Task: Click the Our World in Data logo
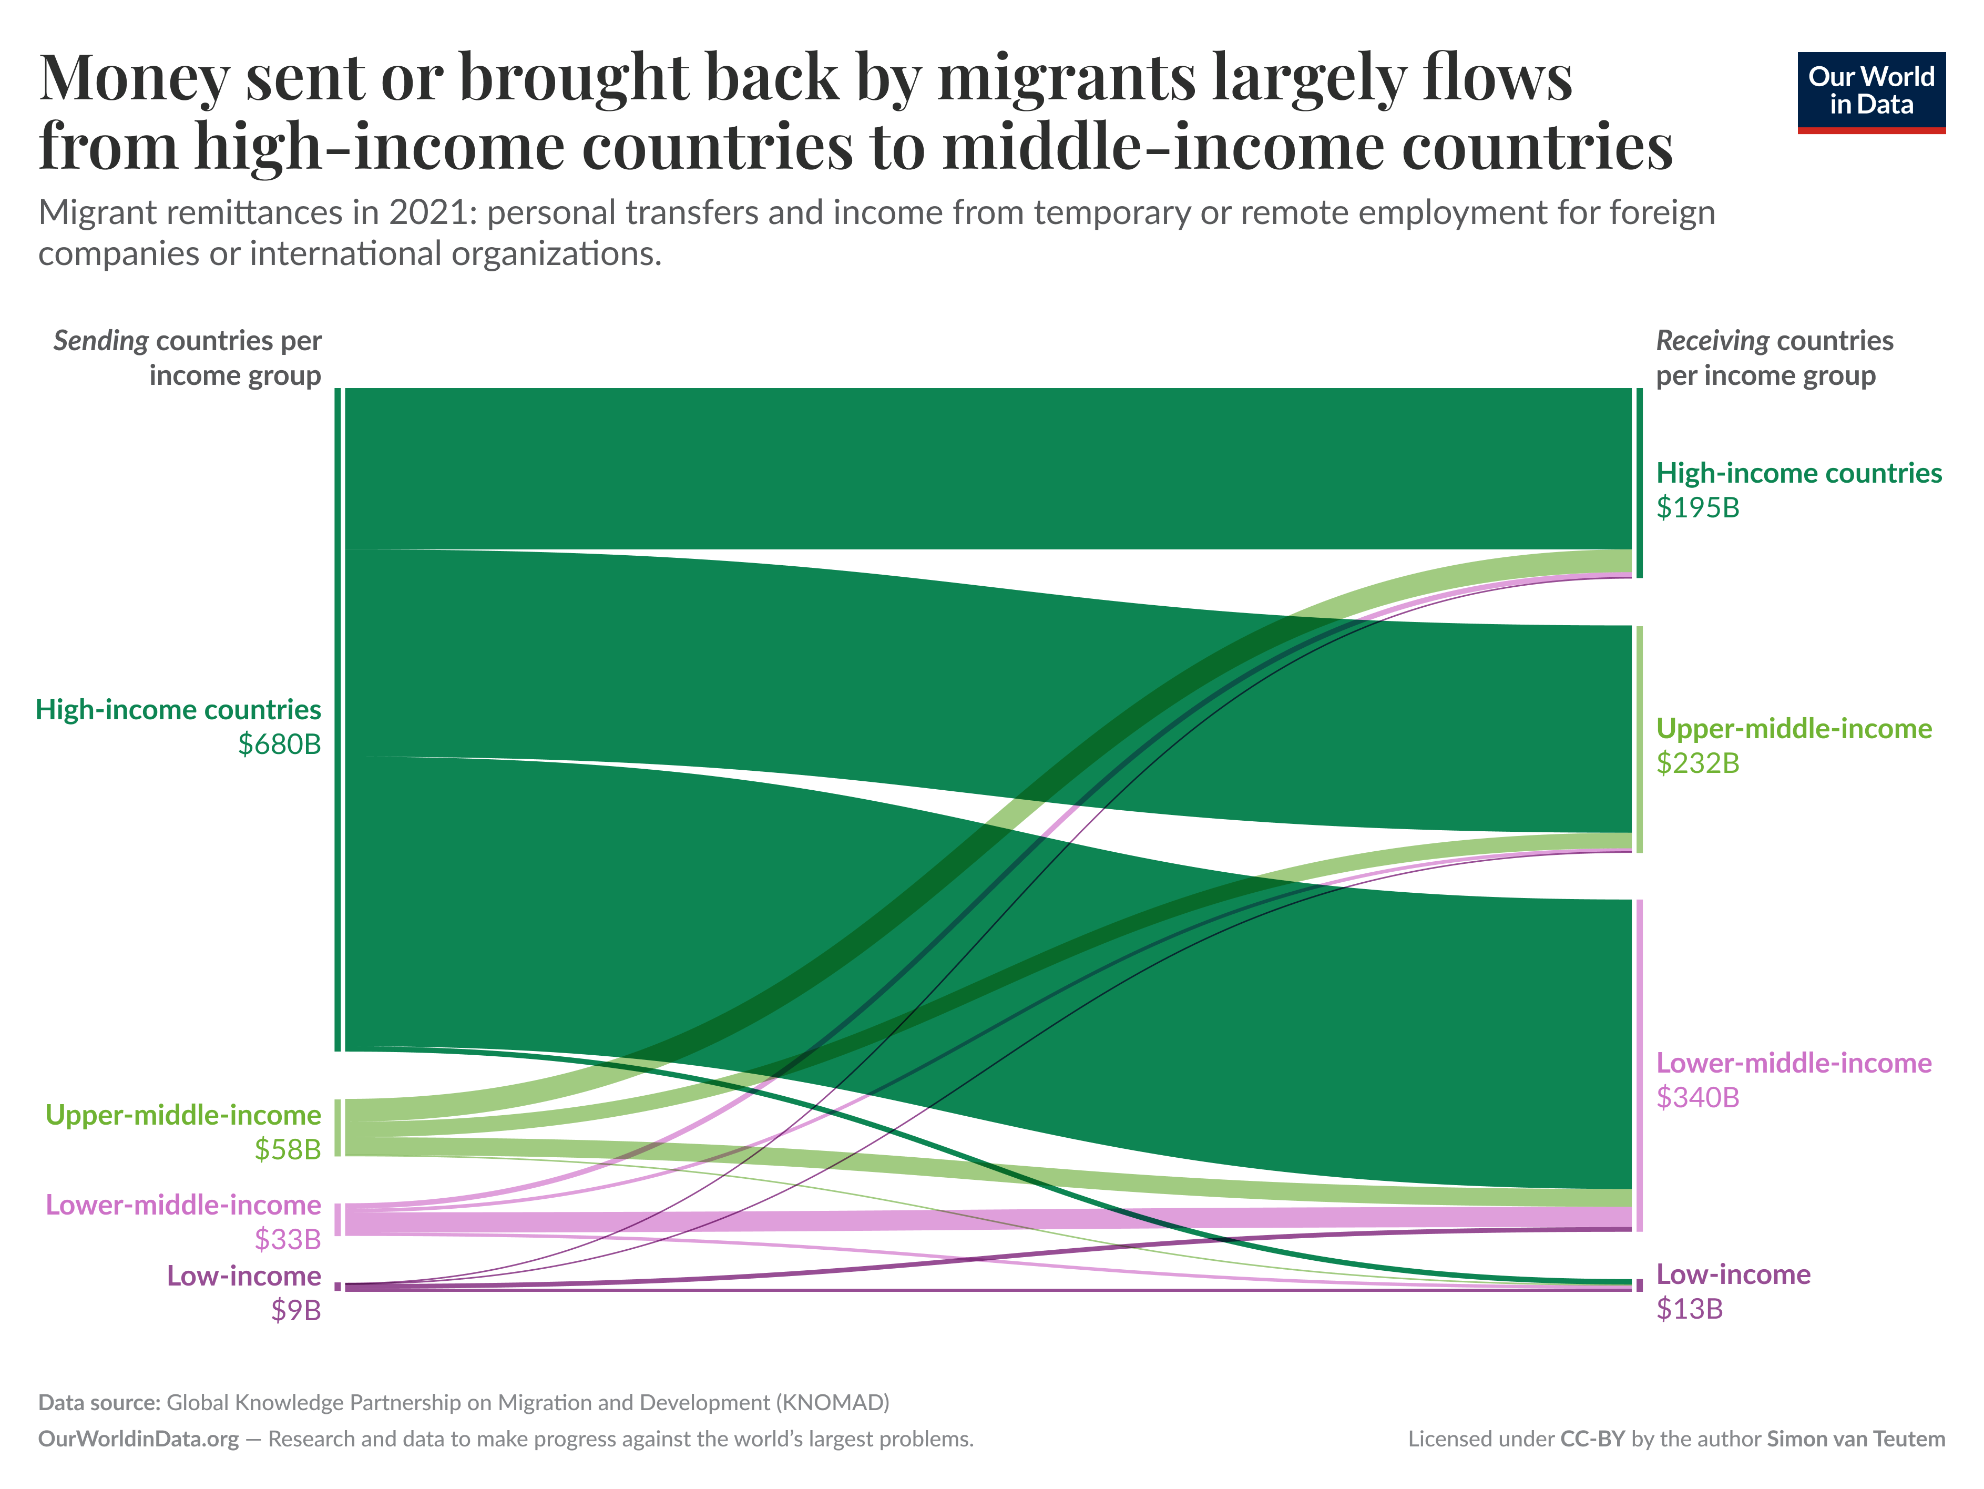click(x=1871, y=91)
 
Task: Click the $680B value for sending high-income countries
click(x=279, y=744)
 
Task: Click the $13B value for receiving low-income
click(x=1689, y=1310)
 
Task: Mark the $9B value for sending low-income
click(x=296, y=1311)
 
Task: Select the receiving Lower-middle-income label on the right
click(x=1794, y=1063)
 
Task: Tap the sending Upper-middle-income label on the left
click(x=183, y=1115)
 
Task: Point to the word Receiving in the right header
click(x=1711, y=341)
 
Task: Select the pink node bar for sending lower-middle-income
click(x=338, y=1220)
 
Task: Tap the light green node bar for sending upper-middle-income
click(x=338, y=1127)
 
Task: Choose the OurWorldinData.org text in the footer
click(x=138, y=1439)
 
